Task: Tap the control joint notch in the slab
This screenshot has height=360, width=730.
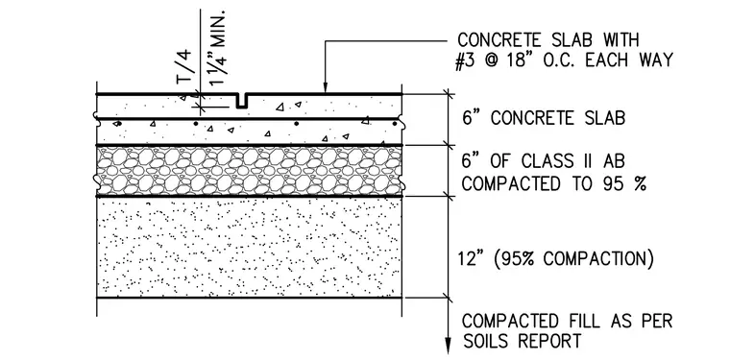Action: click(242, 101)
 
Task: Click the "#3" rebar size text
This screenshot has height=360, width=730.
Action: click(466, 60)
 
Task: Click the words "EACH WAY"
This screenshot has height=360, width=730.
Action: click(628, 60)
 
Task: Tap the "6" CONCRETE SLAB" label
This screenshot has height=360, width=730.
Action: click(544, 118)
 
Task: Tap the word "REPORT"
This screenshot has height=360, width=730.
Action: click(550, 341)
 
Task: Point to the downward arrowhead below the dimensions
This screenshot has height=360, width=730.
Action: click(448, 345)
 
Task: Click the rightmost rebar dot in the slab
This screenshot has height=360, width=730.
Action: click(395, 124)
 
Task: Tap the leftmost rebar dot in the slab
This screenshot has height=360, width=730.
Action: click(119, 124)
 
